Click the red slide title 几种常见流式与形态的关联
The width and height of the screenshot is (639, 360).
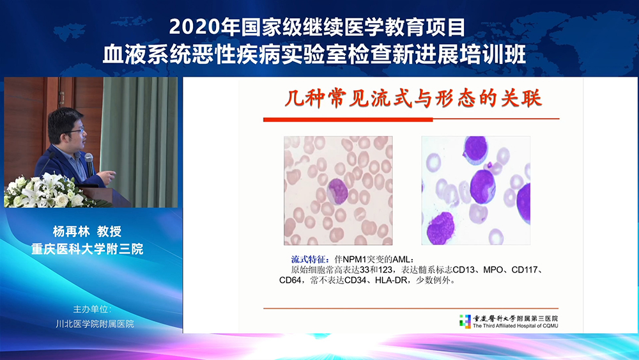413,98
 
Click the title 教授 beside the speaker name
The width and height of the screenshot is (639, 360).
109,231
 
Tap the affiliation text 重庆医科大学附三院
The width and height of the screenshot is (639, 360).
87,249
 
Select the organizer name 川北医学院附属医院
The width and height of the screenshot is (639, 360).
95,324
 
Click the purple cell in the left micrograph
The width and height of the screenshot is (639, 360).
337,191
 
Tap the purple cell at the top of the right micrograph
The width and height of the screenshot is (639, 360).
475,150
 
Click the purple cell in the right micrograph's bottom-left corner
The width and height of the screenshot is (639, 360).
440,228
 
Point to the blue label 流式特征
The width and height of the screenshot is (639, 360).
310,260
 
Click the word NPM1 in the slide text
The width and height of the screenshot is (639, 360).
355,260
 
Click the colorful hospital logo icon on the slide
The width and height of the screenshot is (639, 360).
465,321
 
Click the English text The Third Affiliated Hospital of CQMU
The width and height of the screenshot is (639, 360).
516,325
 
